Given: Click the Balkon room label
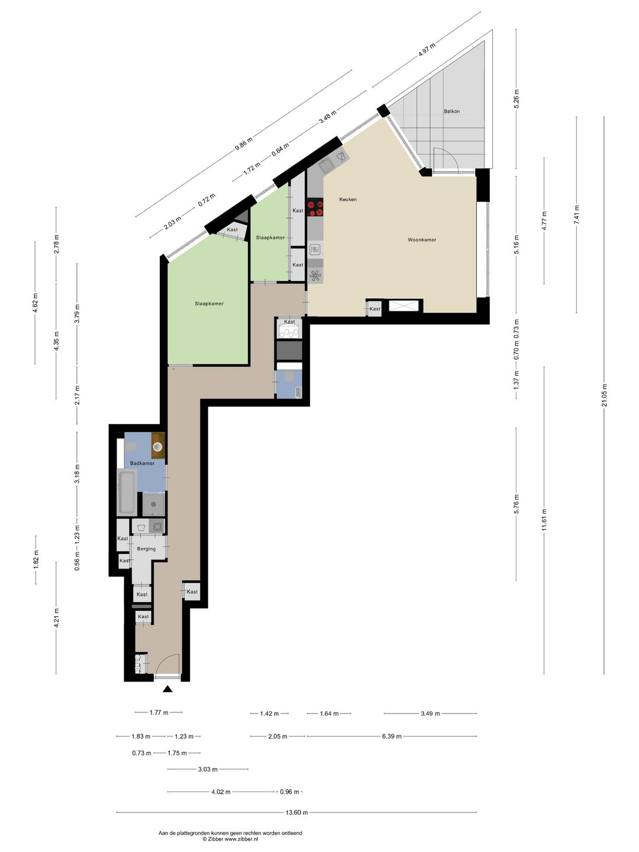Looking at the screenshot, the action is pyautogui.click(x=451, y=111).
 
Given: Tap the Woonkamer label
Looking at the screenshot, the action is pyautogui.click(x=422, y=240).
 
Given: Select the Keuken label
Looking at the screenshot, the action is pyautogui.click(x=348, y=199).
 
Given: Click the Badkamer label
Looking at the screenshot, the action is pyautogui.click(x=142, y=463).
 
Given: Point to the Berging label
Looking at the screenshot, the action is pyautogui.click(x=146, y=549).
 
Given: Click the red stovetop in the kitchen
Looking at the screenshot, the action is pyautogui.click(x=315, y=207).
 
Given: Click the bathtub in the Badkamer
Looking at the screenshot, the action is pyautogui.click(x=127, y=493).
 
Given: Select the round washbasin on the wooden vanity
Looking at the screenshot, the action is pyautogui.click(x=158, y=447).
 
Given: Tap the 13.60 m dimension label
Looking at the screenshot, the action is pyautogui.click(x=297, y=812).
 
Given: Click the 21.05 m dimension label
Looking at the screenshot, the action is pyautogui.click(x=604, y=395).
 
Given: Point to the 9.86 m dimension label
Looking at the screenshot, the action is pyautogui.click(x=244, y=144).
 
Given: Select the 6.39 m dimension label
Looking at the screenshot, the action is pyautogui.click(x=392, y=736).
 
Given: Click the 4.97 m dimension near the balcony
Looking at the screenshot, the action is pyautogui.click(x=427, y=50).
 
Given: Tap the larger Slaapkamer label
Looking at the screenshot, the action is pyautogui.click(x=209, y=304).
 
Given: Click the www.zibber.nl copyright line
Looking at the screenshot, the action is pyautogui.click(x=230, y=839).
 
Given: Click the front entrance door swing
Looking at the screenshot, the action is pyautogui.click(x=169, y=656).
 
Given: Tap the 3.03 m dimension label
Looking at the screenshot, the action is pyautogui.click(x=208, y=769).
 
